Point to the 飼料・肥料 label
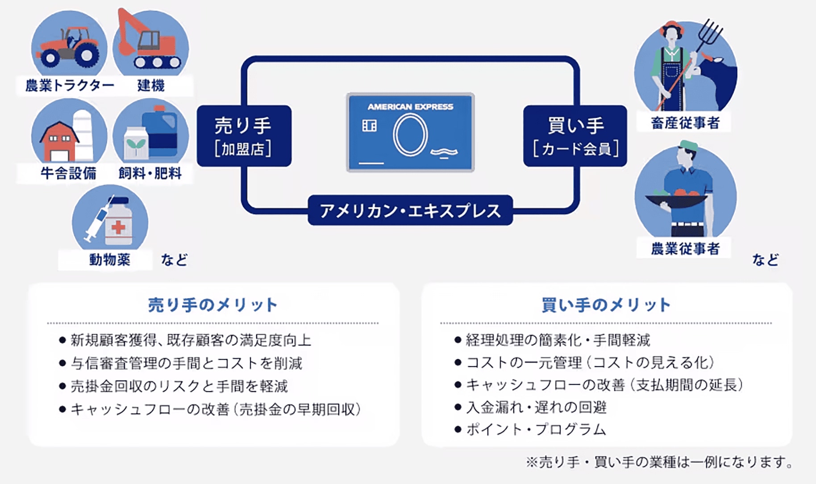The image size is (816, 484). pyautogui.click(x=150, y=173)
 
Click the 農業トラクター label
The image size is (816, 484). pyautogui.click(x=70, y=85)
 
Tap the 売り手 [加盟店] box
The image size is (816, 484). pyautogui.click(x=244, y=136)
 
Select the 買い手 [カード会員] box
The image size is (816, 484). pyautogui.click(x=575, y=136)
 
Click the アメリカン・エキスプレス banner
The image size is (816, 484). pyautogui.click(x=410, y=210)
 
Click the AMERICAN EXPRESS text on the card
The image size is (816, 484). pyautogui.click(x=410, y=107)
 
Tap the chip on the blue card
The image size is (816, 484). pyautogui.click(x=369, y=125)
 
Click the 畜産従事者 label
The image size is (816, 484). pyautogui.click(x=685, y=123)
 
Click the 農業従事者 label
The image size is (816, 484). pyautogui.click(x=685, y=249)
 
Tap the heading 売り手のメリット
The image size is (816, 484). pyautogui.click(x=212, y=305)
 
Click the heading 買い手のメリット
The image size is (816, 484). pyautogui.click(x=606, y=305)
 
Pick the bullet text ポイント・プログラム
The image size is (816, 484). pyautogui.click(x=536, y=430)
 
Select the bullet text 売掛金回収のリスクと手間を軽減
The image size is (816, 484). pyautogui.click(x=179, y=386)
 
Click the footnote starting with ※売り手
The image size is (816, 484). pyautogui.click(x=659, y=462)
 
